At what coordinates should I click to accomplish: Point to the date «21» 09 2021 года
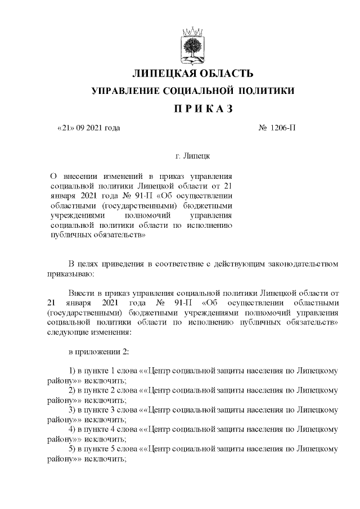[89, 128]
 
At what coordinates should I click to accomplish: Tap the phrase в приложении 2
[99, 352]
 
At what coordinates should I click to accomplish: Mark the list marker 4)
[72, 429]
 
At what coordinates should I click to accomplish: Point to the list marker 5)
[72, 448]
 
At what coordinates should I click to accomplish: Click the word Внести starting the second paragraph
[81, 293]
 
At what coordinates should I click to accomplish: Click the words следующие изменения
[87, 332]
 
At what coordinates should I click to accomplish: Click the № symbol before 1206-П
[263, 128]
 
